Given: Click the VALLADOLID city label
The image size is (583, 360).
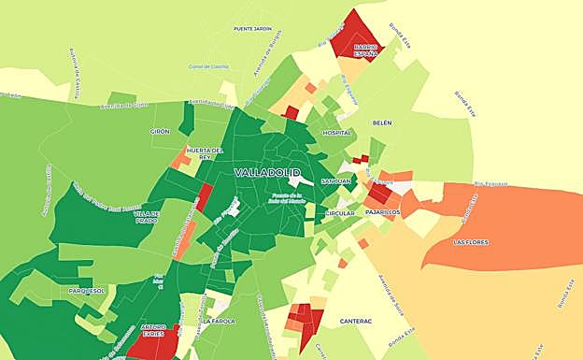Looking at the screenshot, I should coord(267,173).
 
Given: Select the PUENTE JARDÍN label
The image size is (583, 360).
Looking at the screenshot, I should coord(252,29).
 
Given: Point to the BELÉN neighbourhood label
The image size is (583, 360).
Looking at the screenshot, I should coord(382,122).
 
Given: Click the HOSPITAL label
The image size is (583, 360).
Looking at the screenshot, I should coord(336,133).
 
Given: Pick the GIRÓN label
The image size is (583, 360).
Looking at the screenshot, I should coord(160,132).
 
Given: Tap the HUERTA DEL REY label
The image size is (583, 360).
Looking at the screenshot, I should coord(205,153).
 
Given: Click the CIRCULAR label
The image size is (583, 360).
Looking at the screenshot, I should coord(340,213).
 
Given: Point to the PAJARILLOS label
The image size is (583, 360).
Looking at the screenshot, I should coord(383,212).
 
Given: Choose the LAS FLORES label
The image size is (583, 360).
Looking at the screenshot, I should coord(470,242).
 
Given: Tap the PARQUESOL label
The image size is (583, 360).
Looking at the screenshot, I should coord(87,291).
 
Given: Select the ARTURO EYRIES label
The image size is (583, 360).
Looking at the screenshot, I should coord(153,329).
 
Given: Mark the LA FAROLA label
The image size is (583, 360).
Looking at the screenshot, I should coord(218,321).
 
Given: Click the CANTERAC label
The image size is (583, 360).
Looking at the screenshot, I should coord(356,321).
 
